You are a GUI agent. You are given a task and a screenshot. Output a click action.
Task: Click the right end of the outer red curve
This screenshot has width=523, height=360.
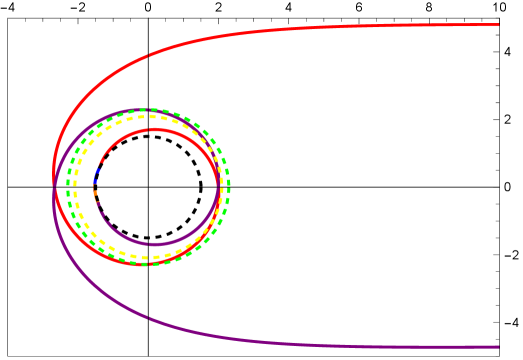coord(497,25)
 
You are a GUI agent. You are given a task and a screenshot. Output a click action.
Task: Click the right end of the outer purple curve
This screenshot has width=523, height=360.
coord(497,347)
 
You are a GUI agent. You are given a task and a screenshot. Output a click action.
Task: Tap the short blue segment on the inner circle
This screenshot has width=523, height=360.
coord(96,177)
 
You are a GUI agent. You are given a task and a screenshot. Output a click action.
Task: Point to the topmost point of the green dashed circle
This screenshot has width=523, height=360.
coord(148,109)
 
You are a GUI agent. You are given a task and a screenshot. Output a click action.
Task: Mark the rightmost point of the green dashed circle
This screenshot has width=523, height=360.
coord(229,186)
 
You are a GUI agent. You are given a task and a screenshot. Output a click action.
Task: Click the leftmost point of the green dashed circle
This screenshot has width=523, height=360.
coord(68,186)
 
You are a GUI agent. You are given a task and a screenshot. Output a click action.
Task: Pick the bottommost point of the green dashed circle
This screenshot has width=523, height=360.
coord(148,264)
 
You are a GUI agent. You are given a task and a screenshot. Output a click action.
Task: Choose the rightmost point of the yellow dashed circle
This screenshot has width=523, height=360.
coord(222,186)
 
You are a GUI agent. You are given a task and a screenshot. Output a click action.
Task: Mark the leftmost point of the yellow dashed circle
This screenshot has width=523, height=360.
coord(75,186)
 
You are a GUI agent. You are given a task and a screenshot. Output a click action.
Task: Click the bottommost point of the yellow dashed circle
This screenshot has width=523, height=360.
coord(148,258)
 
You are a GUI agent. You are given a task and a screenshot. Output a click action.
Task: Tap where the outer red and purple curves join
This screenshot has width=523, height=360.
coord(53,186)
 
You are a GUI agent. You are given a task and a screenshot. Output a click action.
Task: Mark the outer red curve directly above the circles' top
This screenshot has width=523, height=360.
coord(148,55)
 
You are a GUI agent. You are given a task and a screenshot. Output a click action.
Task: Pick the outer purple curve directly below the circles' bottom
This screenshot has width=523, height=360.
coord(148,317)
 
